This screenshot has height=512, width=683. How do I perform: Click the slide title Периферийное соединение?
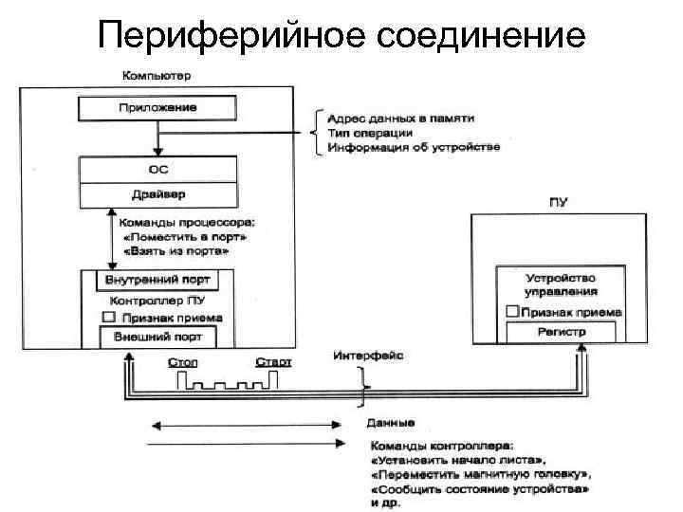[341, 36]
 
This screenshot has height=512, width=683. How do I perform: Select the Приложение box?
[158, 108]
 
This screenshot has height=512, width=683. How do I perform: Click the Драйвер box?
[158, 196]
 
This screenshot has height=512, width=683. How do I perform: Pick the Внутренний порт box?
[158, 281]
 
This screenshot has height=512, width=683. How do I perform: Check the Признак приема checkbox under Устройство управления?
[511, 311]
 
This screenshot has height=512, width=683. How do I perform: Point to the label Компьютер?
[157, 75]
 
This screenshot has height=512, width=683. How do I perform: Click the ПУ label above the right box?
[558, 201]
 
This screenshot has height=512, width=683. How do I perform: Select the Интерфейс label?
[368, 356]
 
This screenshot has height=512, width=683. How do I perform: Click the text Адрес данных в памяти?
[401, 119]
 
